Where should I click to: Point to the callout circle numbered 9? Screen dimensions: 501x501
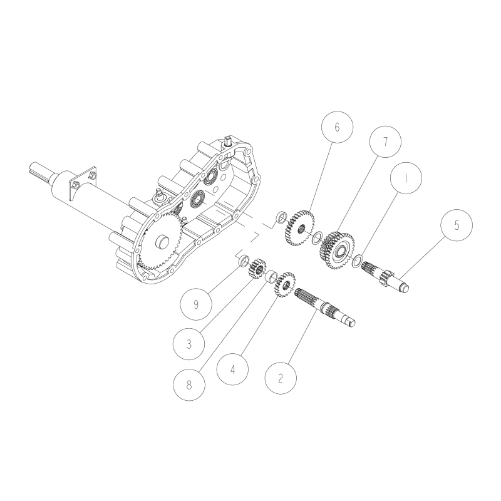[196, 305]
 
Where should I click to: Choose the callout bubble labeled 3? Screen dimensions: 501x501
[189, 344]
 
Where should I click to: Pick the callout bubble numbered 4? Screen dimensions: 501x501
[233, 369]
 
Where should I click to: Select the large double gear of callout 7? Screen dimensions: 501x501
[336, 250]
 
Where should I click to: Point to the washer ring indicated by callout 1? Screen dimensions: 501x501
[358, 261]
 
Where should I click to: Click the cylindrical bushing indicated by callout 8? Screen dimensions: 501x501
[272, 276]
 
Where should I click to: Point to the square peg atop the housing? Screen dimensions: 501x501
[229, 140]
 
